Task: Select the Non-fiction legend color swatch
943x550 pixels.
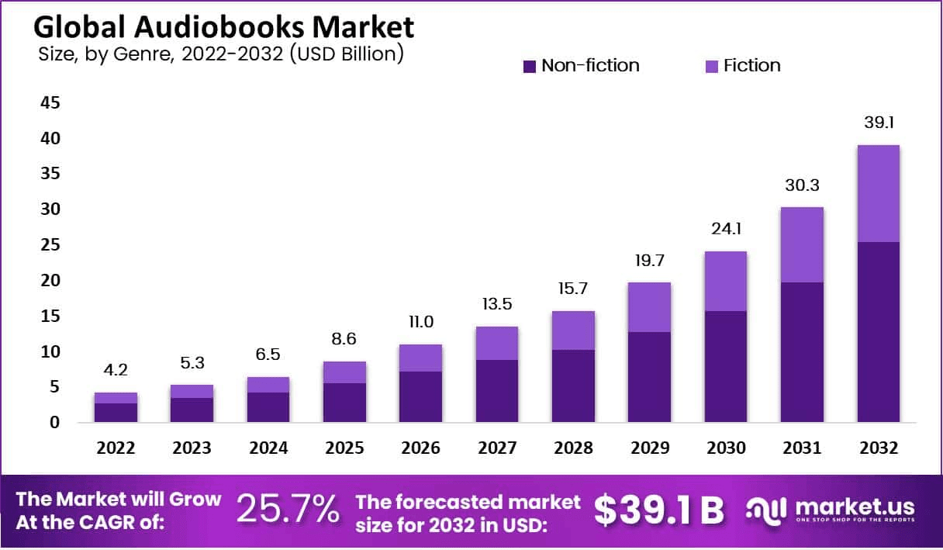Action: pyautogui.click(x=530, y=67)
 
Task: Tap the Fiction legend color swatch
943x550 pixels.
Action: pyautogui.click(x=712, y=67)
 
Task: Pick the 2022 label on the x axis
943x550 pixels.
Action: pyautogui.click(x=116, y=448)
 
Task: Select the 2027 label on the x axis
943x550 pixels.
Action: pyautogui.click(x=497, y=448)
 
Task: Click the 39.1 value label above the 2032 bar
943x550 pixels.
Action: pyautogui.click(x=878, y=123)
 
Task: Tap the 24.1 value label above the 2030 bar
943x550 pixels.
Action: pyautogui.click(x=726, y=230)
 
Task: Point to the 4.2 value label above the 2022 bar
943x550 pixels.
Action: pyautogui.click(x=116, y=371)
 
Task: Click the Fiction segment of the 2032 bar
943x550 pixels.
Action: pyautogui.click(x=878, y=193)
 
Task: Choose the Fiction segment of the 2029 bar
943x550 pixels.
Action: pyautogui.click(x=649, y=306)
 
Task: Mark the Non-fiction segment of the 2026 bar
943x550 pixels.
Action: pyautogui.click(x=420, y=396)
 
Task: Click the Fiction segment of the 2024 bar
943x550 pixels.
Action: pyautogui.click(x=268, y=385)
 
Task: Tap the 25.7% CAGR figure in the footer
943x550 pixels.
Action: pyautogui.click(x=288, y=510)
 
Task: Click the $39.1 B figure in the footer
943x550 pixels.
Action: pyautogui.click(x=659, y=510)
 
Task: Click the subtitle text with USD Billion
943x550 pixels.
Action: pyautogui.click(x=221, y=54)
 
